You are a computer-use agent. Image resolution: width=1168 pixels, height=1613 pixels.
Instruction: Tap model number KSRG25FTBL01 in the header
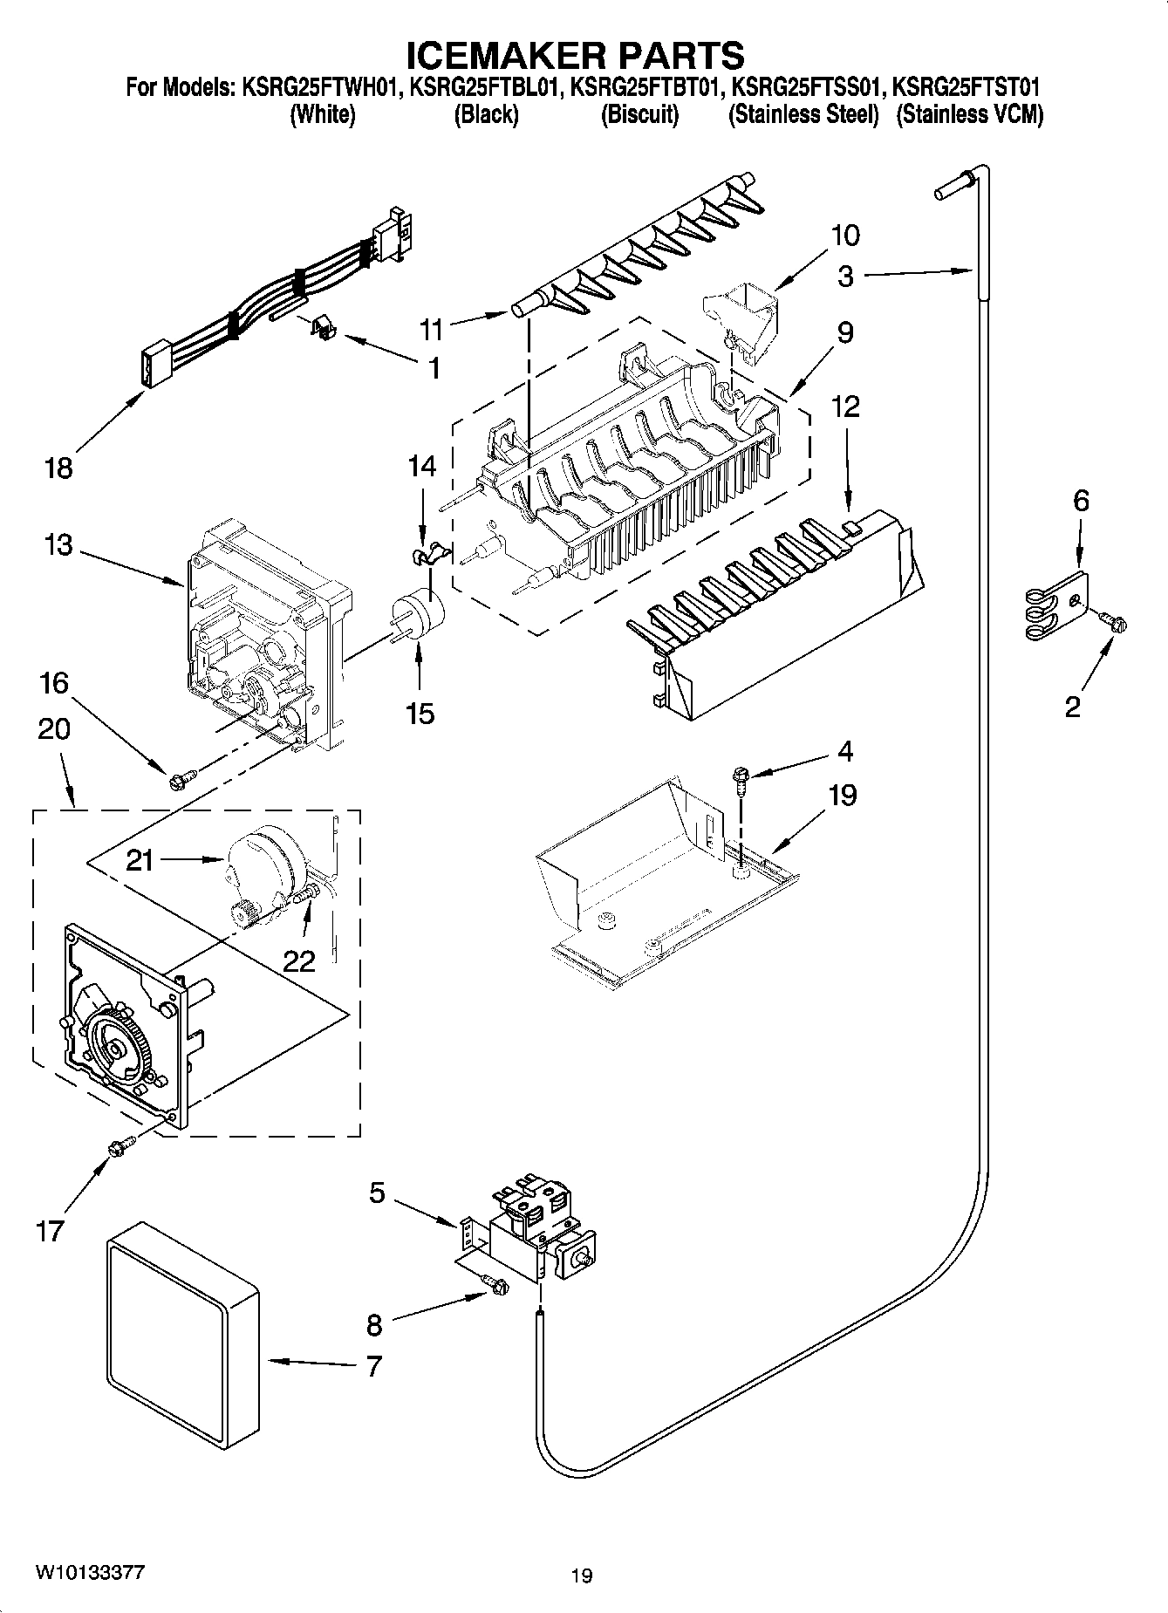(485, 88)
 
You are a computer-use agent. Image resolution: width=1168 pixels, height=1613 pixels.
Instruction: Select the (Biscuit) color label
(639, 114)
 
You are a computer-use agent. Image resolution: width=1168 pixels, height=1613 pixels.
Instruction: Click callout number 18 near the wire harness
(58, 468)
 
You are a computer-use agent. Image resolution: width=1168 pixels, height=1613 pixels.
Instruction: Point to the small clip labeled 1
(324, 330)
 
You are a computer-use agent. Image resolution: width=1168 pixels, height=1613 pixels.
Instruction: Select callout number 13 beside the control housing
(59, 547)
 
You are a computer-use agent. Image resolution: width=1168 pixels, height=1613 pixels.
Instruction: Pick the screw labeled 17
(120, 1148)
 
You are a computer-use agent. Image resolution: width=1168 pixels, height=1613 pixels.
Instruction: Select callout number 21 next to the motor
(140, 860)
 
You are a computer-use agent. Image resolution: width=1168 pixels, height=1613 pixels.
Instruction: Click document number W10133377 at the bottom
(91, 1572)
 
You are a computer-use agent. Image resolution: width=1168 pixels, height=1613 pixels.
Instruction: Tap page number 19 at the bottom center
(582, 1575)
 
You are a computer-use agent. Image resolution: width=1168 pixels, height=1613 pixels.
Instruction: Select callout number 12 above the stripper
(845, 406)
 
